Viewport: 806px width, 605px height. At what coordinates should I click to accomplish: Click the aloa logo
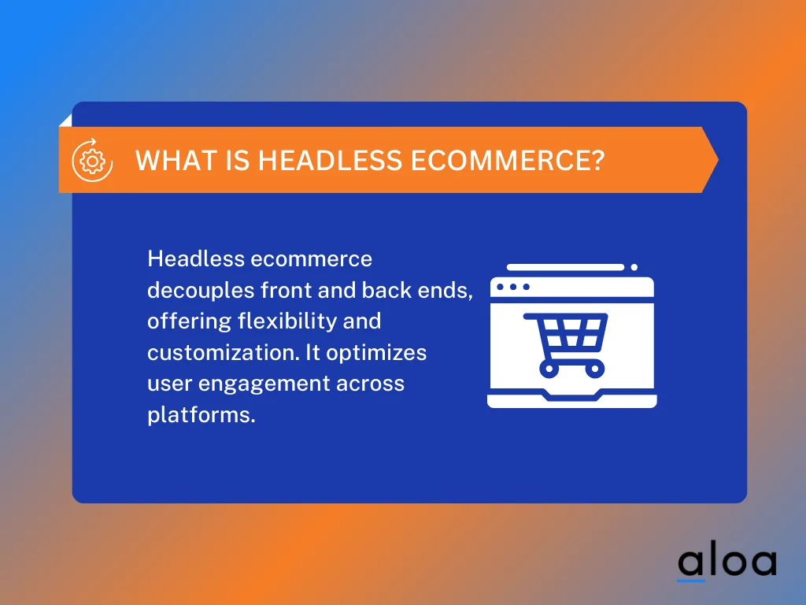pyautogui.click(x=727, y=562)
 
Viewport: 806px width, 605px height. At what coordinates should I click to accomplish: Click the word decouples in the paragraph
pyautogui.click(x=201, y=290)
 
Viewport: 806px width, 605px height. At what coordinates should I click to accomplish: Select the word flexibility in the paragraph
pyautogui.click(x=301, y=321)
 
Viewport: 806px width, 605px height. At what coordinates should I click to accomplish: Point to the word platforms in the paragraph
pyautogui.click(x=201, y=416)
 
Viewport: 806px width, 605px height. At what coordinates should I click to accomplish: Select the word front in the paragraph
pyautogui.click(x=286, y=290)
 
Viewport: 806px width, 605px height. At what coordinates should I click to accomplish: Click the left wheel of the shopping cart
pyautogui.click(x=549, y=367)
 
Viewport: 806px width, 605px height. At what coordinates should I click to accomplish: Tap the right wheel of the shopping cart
pyautogui.click(x=594, y=367)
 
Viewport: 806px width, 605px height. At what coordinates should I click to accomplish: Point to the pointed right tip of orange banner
pyautogui.click(x=716, y=160)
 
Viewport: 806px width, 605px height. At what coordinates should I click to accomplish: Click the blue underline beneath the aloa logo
pyautogui.click(x=690, y=581)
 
